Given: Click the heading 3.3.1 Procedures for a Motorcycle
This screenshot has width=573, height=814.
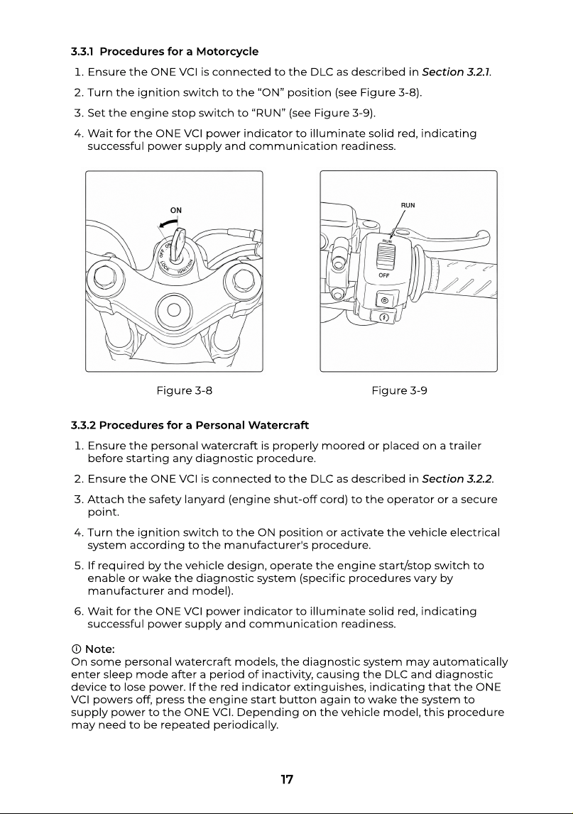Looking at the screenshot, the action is (x=165, y=51).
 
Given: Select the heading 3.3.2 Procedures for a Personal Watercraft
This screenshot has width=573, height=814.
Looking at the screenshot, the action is (x=190, y=425).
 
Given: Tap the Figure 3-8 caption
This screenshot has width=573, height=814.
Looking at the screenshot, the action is (x=185, y=390).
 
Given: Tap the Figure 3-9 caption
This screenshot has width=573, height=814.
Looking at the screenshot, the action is (x=400, y=390).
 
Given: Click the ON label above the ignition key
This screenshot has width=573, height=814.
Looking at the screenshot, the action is (x=176, y=210).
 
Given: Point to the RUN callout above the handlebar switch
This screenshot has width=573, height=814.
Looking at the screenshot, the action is (x=408, y=205).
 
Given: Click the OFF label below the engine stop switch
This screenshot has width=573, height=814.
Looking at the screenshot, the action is (x=384, y=275).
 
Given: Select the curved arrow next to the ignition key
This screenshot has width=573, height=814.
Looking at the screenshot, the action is (x=166, y=224).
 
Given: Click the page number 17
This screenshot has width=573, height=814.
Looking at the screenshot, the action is (x=287, y=779).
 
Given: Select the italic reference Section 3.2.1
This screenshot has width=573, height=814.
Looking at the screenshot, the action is (x=456, y=72).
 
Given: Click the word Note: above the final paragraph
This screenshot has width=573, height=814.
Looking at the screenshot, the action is (x=99, y=649).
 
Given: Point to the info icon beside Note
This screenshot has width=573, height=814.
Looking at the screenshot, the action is (x=76, y=649).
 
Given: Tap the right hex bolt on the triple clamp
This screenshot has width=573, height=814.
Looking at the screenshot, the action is (x=242, y=281).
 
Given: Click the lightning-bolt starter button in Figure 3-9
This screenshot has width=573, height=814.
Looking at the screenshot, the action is (x=384, y=317).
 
